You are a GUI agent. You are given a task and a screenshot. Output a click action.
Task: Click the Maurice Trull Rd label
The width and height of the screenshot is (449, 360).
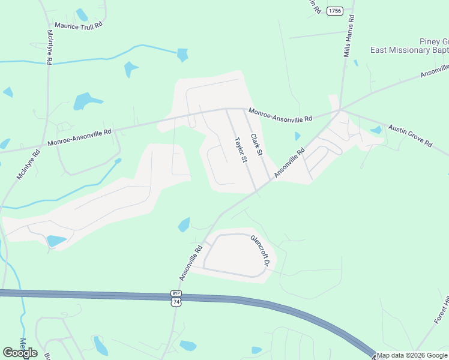coord(79,25)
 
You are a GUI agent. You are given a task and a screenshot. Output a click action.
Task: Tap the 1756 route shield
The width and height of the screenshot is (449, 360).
coord(335,11)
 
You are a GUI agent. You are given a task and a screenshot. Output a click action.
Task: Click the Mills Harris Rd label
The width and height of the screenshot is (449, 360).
coord(349,37)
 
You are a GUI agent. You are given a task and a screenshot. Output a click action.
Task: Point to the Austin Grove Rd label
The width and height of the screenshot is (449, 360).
coord(411,136)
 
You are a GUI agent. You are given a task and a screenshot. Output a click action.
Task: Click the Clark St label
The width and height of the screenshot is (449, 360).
coord(256,145)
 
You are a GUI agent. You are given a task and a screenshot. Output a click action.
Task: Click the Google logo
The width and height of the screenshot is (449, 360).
coord(20,352)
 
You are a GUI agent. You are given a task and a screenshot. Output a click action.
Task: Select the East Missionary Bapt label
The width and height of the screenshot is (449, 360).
coord(409,51)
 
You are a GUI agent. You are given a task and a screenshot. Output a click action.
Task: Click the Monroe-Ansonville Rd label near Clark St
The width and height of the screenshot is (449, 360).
coord(280,115)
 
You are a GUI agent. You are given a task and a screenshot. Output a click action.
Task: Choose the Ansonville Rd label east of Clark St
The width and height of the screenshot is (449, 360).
coord(290,163)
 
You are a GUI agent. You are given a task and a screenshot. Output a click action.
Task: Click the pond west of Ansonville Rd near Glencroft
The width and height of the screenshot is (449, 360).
coord(184,225)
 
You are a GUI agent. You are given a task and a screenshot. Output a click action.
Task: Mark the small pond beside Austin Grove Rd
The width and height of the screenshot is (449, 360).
coord(376,130)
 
